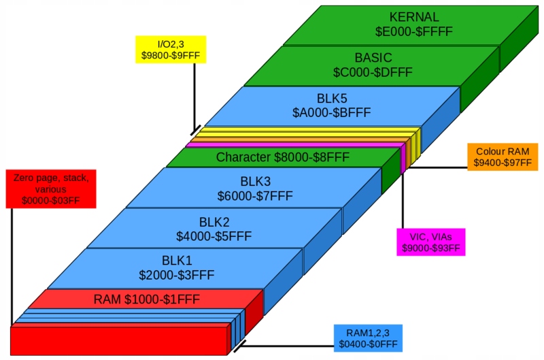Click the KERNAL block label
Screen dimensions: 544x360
[414, 17]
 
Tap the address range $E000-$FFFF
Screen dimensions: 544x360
[414, 31]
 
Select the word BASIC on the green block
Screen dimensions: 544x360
[373, 58]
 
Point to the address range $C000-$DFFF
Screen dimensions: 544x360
[373, 72]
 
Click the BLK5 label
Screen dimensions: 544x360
[332, 99]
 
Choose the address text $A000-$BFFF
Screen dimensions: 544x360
[332, 112]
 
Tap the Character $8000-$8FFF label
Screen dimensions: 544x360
[283, 157]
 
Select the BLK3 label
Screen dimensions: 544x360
[256, 182]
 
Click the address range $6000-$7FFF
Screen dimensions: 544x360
[256, 196]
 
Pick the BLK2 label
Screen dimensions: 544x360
[214, 222]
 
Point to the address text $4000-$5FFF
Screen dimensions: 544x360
[214, 236]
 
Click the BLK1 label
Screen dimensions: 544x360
[177, 261]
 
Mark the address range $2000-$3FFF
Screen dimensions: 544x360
[177, 276]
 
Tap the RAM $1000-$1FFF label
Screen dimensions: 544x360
[147, 299]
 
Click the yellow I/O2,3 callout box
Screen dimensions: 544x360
[171, 50]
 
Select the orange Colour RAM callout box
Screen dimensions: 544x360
[503, 157]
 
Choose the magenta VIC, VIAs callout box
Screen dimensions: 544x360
[431, 242]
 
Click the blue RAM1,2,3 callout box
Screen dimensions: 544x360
[368, 338]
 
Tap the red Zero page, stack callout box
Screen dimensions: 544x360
[51, 189]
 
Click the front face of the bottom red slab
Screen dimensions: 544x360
[118, 341]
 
